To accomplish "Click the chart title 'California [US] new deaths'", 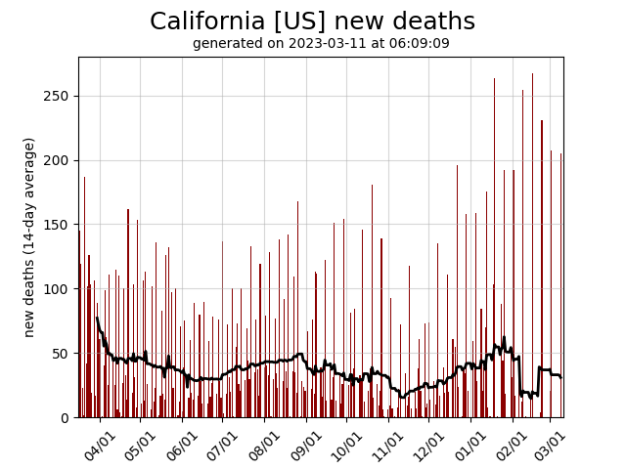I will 312,21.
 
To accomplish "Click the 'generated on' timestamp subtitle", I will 321,44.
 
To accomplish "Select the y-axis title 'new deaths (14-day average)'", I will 29,237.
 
